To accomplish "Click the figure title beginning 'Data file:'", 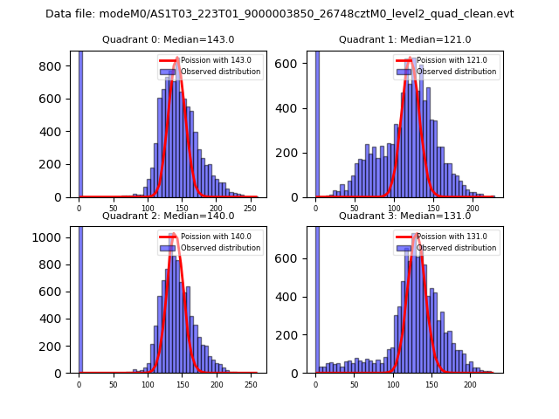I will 279,14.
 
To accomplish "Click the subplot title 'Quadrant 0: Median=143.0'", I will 168,39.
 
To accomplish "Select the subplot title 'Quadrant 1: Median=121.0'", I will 404,39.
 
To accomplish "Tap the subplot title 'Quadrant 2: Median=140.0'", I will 168,216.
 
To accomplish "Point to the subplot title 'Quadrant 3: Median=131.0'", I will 404,216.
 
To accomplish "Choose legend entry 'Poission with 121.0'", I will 445,61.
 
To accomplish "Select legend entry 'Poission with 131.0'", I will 445,237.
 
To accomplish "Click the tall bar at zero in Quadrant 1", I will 316,122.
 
